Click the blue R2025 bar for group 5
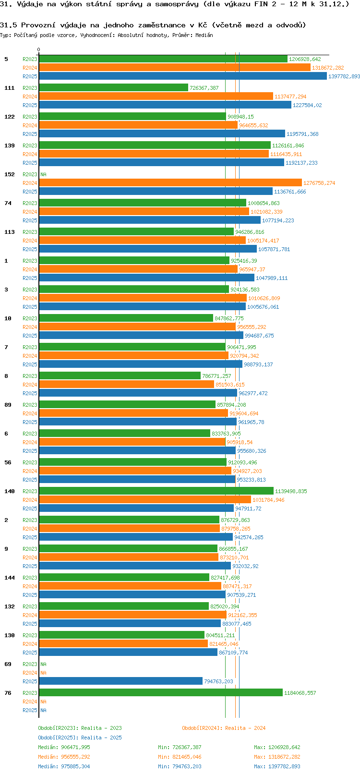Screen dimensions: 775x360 tap(182, 76)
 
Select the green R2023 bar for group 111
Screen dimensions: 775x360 tap(113, 88)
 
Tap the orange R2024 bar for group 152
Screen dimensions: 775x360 tap(170, 183)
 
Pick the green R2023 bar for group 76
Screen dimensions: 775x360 tap(160, 693)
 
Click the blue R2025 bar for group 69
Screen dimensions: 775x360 tap(120, 681)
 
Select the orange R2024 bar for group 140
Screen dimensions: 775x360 tap(144, 500)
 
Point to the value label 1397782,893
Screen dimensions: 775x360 tap(344, 77)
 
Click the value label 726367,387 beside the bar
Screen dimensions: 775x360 tap(204, 88)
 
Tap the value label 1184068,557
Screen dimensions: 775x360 tap(300, 693)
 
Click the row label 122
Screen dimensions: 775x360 tap(10, 117)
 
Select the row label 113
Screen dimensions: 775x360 tap(10, 232)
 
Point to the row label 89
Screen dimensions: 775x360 tap(8, 405)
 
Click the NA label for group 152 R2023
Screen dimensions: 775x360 tap(43, 175)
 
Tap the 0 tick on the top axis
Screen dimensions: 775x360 tap(39, 49)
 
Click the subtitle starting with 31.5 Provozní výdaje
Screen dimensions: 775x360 tap(153, 25)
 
